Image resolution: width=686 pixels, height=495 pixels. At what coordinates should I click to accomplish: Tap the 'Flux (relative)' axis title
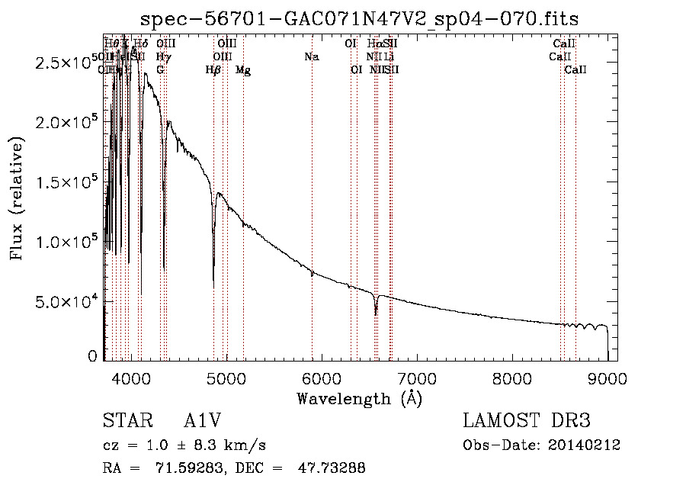(x=17, y=198)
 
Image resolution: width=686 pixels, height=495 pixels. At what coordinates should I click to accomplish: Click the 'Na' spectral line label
(x=311, y=57)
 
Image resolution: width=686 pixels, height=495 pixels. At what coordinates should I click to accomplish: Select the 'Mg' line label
(x=243, y=70)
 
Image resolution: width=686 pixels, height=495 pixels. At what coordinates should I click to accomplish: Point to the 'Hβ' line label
(x=213, y=70)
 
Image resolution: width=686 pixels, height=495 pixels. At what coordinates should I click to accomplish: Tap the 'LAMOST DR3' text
(x=527, y=422)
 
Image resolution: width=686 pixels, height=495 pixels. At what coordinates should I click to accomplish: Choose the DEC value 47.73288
(x=331, y=468)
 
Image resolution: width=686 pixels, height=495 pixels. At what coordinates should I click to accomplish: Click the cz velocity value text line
(x=184, y=445)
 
